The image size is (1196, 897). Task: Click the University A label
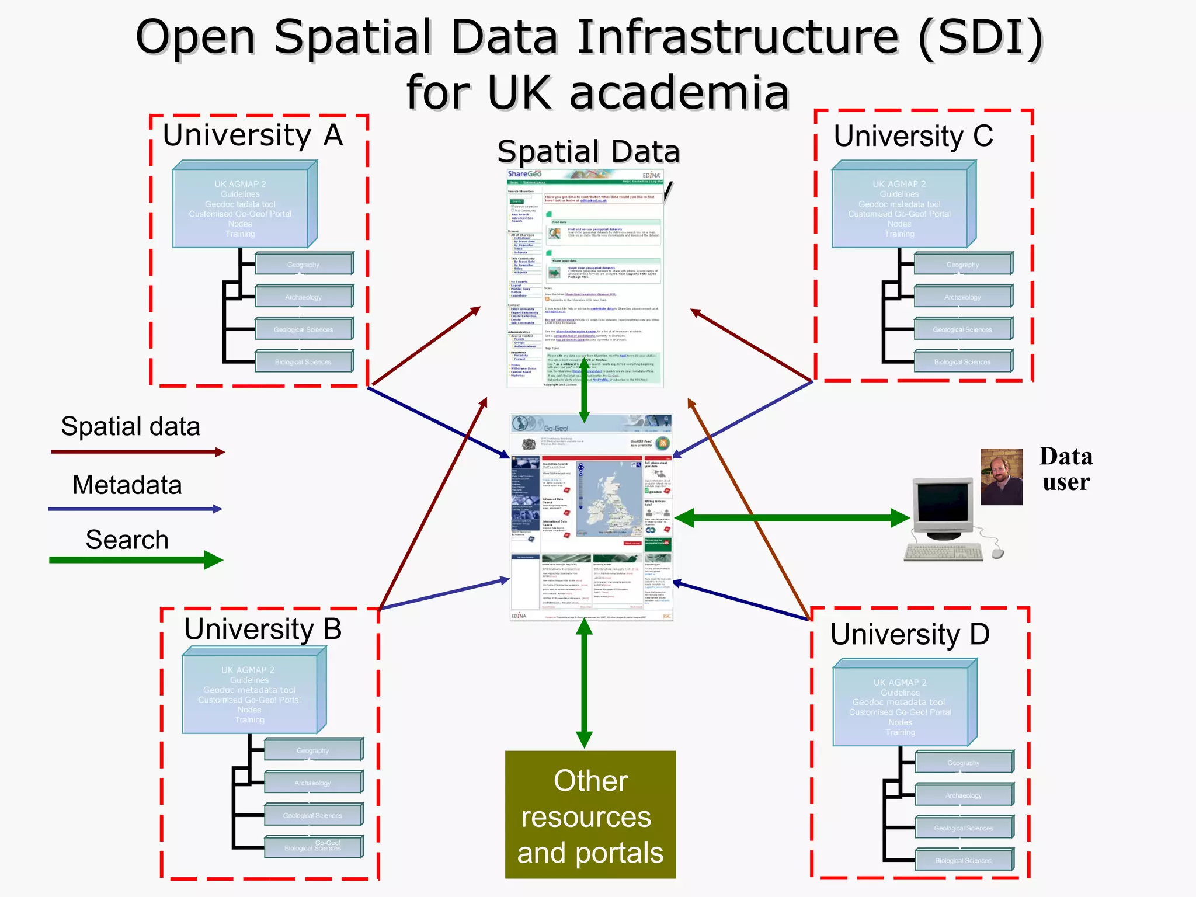pos(252,135)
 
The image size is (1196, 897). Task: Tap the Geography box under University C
pos(962,265)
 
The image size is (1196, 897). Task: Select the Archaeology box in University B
pos(313,783)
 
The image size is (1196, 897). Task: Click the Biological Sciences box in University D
pos(964,860)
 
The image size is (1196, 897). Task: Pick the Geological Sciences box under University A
pos(304,329)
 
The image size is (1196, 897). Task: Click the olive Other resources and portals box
pos(590,815)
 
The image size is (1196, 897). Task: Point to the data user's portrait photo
pos(1002,477)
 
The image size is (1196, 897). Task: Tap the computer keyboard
pos(943,552)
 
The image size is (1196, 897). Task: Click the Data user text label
pos(1066,469)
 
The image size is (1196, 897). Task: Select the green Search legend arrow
pos(135,560)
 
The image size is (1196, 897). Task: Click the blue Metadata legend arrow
pos(134,509)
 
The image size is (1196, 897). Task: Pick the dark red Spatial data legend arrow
pos(137,452)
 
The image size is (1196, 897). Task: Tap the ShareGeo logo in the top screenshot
pos(524,174)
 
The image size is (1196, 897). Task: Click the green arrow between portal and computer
pos(791,517)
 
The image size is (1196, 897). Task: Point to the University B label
pos(263,630)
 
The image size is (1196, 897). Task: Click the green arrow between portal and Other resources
pos(584,683)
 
